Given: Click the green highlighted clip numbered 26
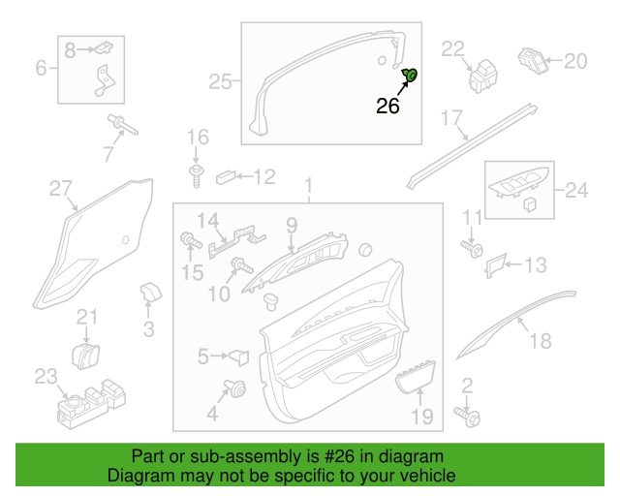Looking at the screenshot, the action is point(410,75).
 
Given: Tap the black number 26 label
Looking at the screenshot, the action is point(387,106).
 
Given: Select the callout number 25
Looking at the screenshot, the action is point(220,82).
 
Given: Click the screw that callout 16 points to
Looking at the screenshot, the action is point(196,175).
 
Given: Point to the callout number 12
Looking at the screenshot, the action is point(264,177).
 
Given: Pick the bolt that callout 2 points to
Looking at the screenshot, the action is point(468,418).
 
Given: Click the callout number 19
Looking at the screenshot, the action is point(422,417).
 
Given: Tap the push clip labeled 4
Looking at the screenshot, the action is point(235,388).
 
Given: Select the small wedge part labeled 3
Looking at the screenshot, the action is point(151,292).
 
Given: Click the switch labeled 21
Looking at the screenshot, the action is point(85,356).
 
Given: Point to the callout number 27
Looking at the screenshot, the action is point(61,189).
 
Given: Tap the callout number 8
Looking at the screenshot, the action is point(70,50).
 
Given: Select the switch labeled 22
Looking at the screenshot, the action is point(482,76).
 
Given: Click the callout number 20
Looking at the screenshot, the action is point(575,61).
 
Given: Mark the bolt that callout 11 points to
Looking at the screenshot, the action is point(472,248).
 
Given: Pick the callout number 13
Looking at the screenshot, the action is point(536,265).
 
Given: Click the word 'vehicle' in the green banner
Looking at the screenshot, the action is point(433,476).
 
